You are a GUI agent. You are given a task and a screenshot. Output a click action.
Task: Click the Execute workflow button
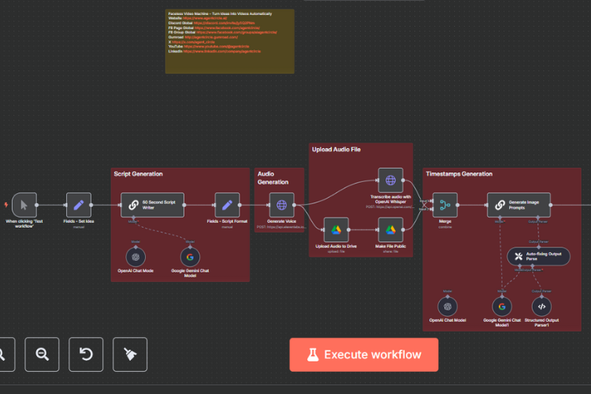point(363,355)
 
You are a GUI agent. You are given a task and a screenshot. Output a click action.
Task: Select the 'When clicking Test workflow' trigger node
point(24,205)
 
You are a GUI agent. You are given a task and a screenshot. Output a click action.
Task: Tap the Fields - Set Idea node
point(78,205)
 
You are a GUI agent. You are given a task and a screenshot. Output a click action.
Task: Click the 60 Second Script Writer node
point(152,205)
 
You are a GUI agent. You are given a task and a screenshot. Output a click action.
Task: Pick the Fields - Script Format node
point(227,205)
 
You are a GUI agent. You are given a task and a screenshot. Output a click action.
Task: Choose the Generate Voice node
point(281,205)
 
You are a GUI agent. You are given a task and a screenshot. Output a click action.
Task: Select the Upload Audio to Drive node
point(336,230)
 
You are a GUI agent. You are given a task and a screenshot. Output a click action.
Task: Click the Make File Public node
point(390,230)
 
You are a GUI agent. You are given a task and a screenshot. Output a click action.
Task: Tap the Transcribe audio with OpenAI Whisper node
point(390,180)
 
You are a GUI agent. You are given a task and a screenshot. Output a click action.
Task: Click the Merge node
point(444,205)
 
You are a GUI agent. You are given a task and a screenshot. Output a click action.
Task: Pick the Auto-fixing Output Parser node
point(538,256)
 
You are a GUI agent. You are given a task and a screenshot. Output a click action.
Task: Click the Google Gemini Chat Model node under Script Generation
point(189,256)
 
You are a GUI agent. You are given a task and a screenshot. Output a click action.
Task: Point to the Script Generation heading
point(139,173)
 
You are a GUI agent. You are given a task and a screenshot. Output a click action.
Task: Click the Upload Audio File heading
point(336,148)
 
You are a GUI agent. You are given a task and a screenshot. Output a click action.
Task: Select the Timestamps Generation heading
point(459,173)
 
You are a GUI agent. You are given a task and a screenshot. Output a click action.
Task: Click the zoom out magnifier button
point(42,354)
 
